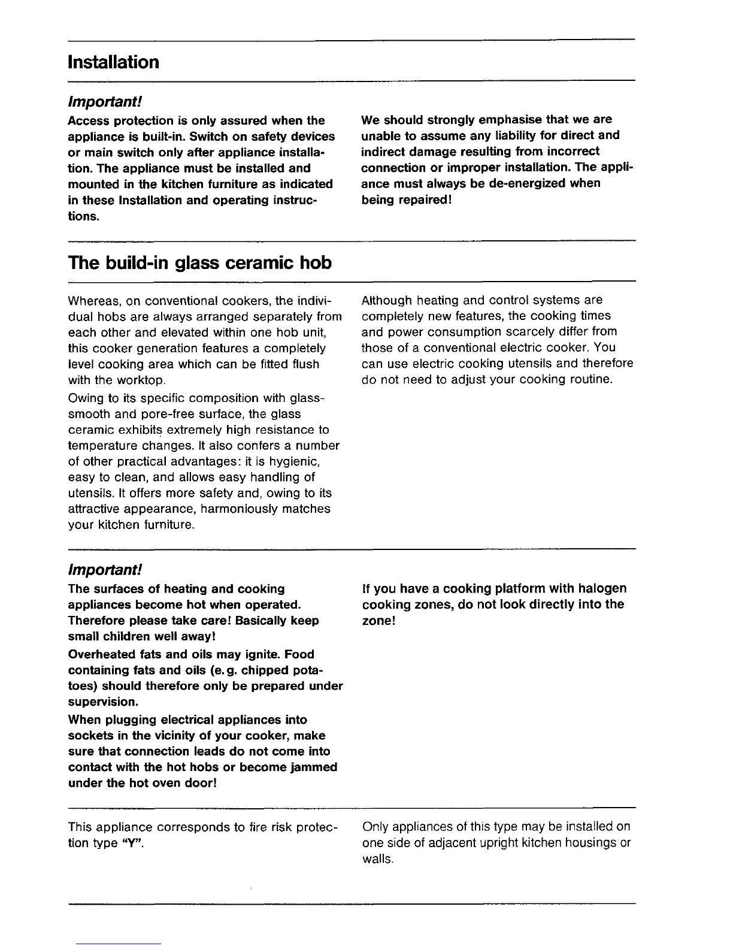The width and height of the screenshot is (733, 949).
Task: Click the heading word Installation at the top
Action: (x=113, y=62)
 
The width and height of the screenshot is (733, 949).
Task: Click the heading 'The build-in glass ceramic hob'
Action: (x=200, y=262)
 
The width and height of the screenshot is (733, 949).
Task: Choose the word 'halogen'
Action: (x=601, y=589)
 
